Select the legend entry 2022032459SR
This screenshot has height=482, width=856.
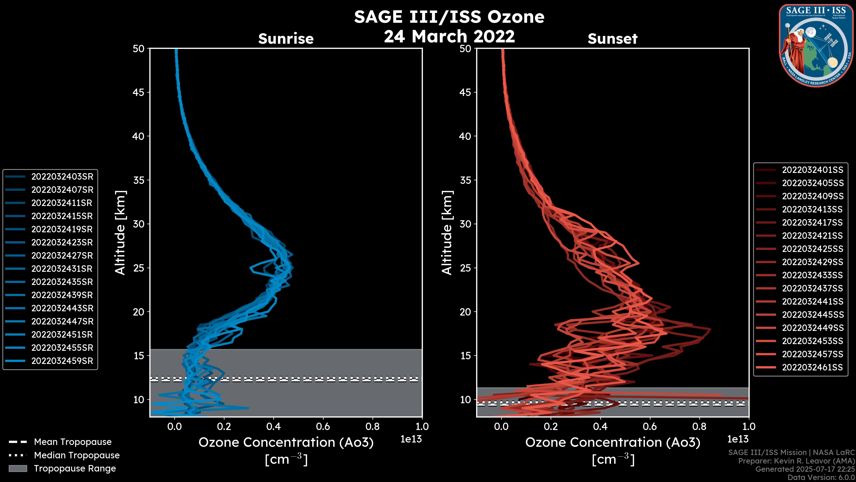coord(62,361)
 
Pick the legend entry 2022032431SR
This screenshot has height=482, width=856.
coord(62,269)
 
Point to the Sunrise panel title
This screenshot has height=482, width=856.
coord(286,39)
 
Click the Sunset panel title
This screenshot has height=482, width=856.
coord(612,39)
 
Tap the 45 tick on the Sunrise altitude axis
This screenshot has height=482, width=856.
coord(139,92)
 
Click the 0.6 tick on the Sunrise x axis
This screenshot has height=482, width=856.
coord(323,426)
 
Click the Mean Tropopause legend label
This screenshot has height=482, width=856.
coord(73,442)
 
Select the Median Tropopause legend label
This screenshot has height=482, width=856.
coord(77,455)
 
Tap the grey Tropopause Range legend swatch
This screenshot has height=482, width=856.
coord(18,468)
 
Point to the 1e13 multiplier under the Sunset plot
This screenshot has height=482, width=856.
coord(738,439)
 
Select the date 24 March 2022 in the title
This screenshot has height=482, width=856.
coord(449,36)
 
